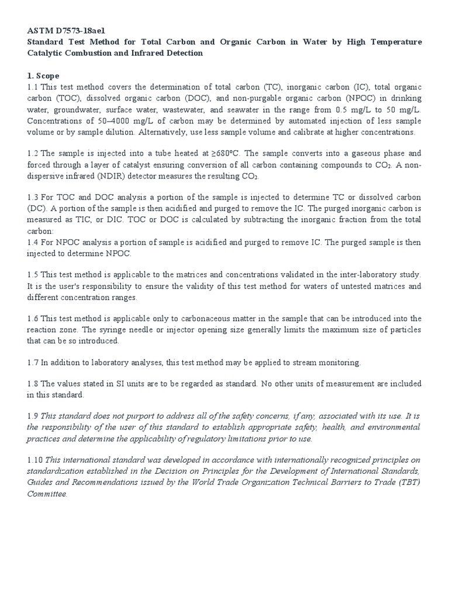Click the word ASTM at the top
point(40,30)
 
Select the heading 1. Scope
point(43,76)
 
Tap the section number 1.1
point(33,87)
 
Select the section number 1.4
point(33,242)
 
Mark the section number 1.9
point(33,416)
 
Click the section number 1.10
point(35,460)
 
